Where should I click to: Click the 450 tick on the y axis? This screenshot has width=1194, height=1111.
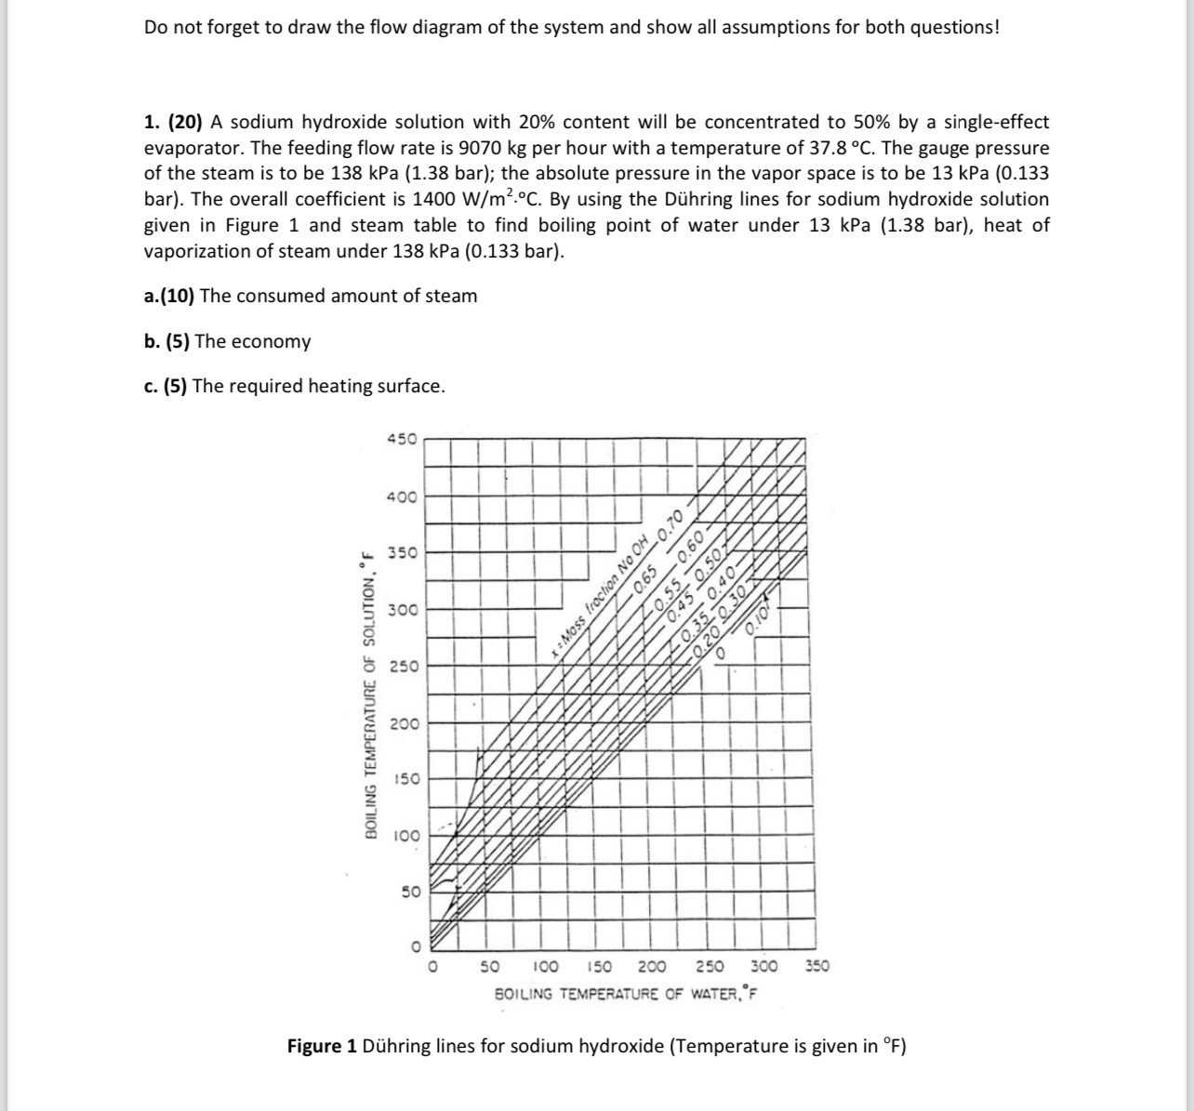point(402,439)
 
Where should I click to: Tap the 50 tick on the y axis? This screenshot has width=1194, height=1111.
point(409,892)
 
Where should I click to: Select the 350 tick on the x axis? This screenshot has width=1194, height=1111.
point(817,967)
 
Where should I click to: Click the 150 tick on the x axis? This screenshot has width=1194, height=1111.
point(602,967)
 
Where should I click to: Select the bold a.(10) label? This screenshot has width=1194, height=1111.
point(169,296)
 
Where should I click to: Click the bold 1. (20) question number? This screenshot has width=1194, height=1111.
point(174,122)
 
